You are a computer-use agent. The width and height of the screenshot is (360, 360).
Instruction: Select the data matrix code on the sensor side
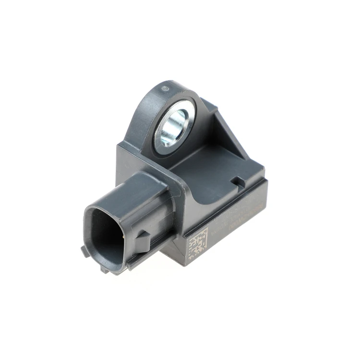click(196, 245)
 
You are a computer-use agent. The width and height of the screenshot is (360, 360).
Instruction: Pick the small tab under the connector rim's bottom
click(105, 269)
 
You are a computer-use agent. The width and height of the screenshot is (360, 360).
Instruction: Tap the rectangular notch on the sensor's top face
click(236, 181)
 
